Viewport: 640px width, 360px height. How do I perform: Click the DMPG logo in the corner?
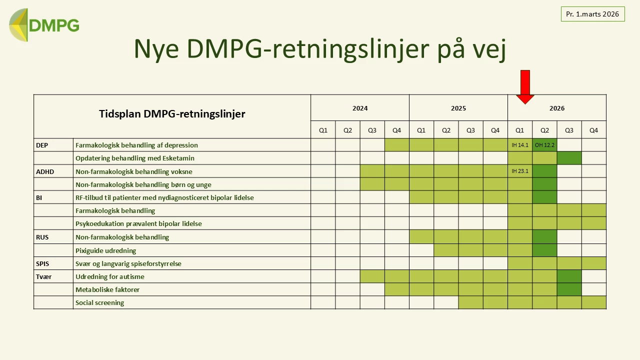[44, 25]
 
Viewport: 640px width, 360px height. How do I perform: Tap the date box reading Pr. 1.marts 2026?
[592, 14]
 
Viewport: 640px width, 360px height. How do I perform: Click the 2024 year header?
[360, 108]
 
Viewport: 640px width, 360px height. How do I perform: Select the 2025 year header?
[458, 108]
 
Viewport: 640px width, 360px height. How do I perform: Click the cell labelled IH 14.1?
[520, 145]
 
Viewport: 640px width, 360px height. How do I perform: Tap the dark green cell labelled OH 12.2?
[544, 145]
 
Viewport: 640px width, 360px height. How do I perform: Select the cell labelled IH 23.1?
[520, 171]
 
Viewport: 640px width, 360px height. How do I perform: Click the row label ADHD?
[45, 171]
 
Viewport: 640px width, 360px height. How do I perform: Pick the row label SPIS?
[42, 263]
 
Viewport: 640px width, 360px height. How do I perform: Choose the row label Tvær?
[43, 276]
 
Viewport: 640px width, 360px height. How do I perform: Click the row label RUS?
[42, 237]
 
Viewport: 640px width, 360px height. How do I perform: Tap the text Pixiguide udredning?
[105, 250]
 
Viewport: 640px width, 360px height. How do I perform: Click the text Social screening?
[99, 302]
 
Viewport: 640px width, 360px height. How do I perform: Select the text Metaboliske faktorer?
[107, 289]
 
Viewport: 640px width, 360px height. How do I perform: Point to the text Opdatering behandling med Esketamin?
[134, 158]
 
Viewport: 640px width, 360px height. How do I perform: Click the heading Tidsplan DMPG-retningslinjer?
[172, 114]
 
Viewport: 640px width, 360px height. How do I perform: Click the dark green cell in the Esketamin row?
[569, 158]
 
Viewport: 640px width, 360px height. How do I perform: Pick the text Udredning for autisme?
[109, 276]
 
